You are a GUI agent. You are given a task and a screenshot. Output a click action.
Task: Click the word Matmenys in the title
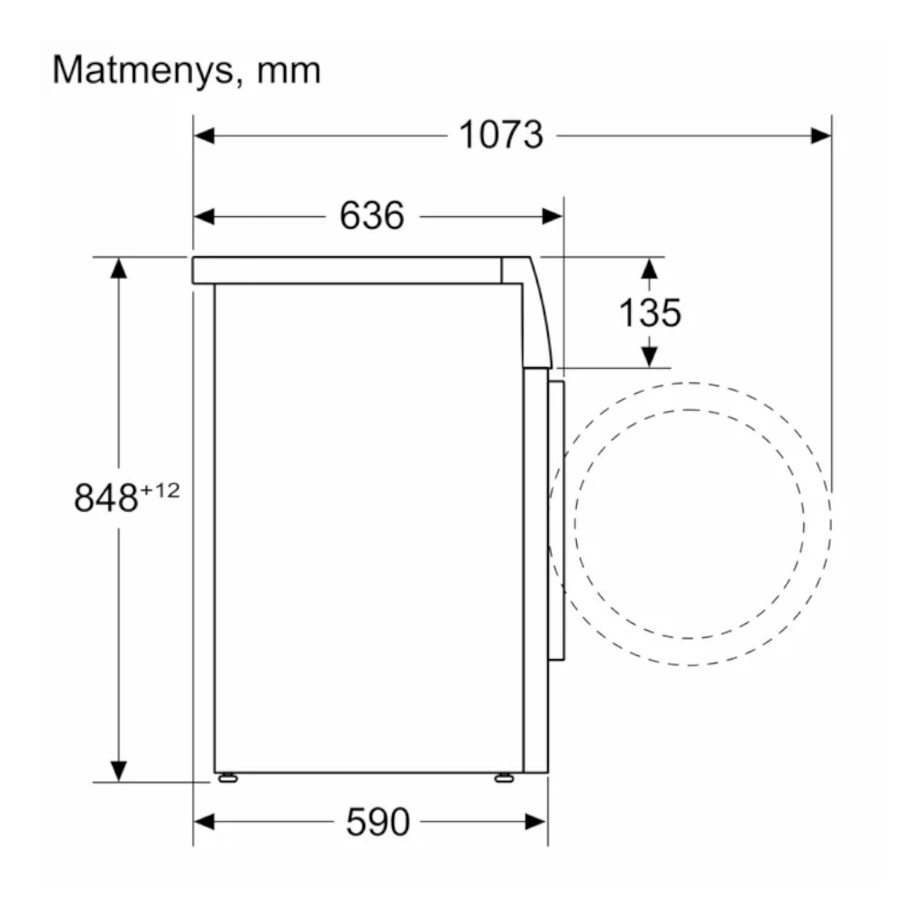[x=143, y=70]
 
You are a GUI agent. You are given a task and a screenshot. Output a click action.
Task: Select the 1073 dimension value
[x=501, y=135]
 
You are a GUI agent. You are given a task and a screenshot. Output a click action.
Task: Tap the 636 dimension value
[x=372, y=215]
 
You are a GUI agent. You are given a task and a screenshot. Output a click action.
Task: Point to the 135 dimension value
[x=650, y=313]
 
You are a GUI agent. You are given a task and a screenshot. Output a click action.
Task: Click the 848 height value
[x=106, y=498]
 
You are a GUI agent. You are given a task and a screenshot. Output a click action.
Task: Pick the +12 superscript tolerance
[x=160, y=490]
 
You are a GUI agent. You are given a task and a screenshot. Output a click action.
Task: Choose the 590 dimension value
[x=378, y=822]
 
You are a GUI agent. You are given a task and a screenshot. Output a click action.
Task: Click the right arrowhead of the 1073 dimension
[x=820, y=136]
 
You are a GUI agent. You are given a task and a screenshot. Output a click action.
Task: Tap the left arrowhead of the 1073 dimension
[x=205, y=136]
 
